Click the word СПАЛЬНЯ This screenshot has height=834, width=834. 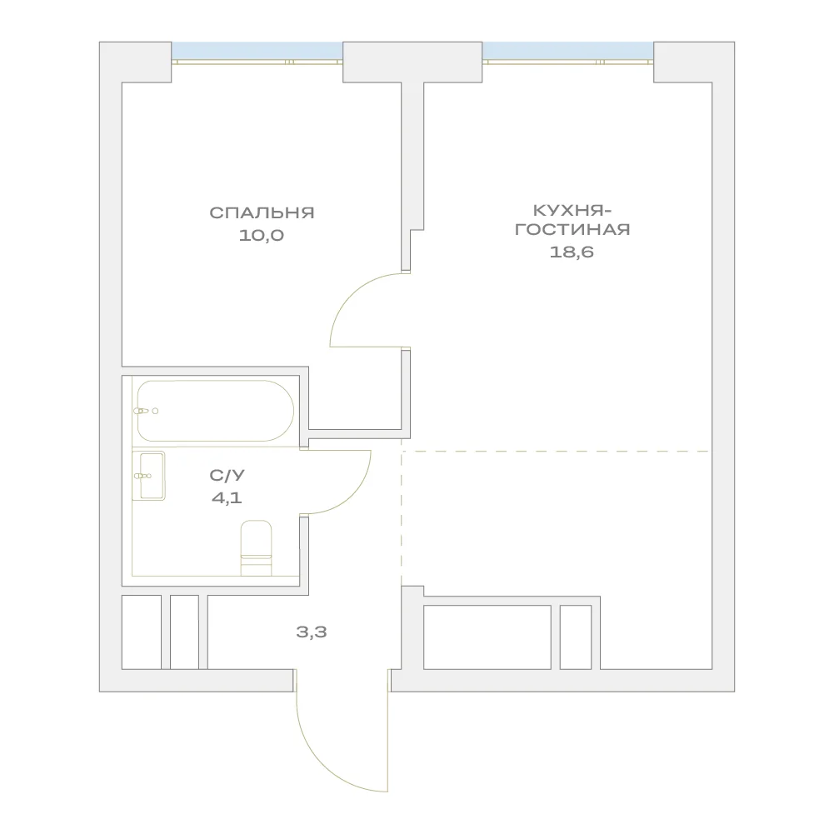point(262,212)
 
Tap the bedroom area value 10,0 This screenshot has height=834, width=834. point(261,235)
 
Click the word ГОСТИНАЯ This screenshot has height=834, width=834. point(572,230)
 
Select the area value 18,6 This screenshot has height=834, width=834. point(572,252)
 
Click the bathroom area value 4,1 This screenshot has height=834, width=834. point(227,498)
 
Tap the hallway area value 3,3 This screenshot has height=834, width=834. point(312,632)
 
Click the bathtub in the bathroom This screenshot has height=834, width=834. point(216,411)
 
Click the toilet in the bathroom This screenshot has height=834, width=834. point(257,548)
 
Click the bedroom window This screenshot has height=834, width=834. point(257,52)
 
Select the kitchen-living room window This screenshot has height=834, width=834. point(568,52)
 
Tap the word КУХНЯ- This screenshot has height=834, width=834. point(572,211)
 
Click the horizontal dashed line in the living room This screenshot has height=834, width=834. point(555,451)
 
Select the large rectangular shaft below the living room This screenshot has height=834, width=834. point(487,637)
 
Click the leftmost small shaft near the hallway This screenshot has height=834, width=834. point(142,632)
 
